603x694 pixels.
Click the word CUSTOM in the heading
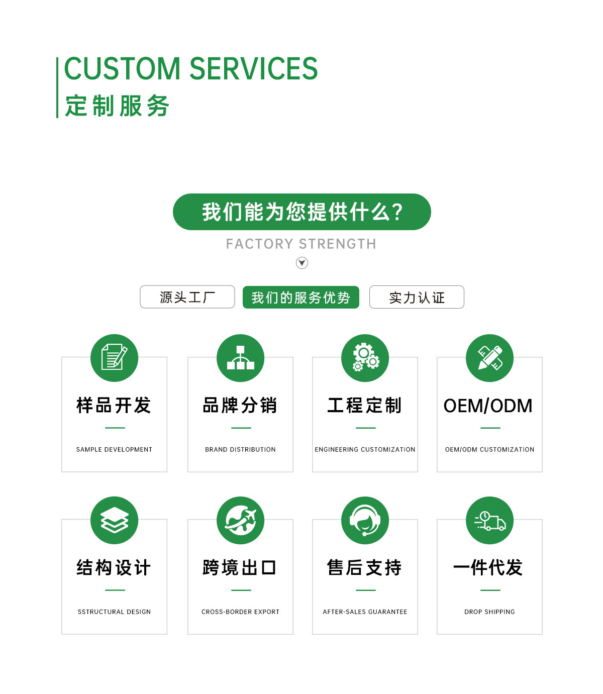pos(122,68)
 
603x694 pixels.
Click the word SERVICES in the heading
pos(253,68)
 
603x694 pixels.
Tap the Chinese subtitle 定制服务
pos(117,106)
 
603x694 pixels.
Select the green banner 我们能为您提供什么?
pos(301,212)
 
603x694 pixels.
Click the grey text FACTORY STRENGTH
pos(301,244)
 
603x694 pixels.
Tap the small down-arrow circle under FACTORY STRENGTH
pos(302,262)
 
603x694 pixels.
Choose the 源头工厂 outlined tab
pos(187,297)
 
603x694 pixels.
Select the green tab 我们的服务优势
pos(301,297)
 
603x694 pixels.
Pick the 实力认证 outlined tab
pos(417,297)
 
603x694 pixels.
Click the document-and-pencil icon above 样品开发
pos(114,358)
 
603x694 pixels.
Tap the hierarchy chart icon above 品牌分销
pos(241,358)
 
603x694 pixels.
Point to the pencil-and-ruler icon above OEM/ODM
pos(490,358)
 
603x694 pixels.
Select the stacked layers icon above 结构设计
pos(114,520)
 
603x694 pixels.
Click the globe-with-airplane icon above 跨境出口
pos(241,520)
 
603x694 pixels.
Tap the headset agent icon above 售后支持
pos(365,520)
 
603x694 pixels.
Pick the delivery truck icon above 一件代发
pos(490,520)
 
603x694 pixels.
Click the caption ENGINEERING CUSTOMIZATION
pos(365,449)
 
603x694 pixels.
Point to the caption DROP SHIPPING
pos(489,612)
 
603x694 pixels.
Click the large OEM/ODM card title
pos(488,406)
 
